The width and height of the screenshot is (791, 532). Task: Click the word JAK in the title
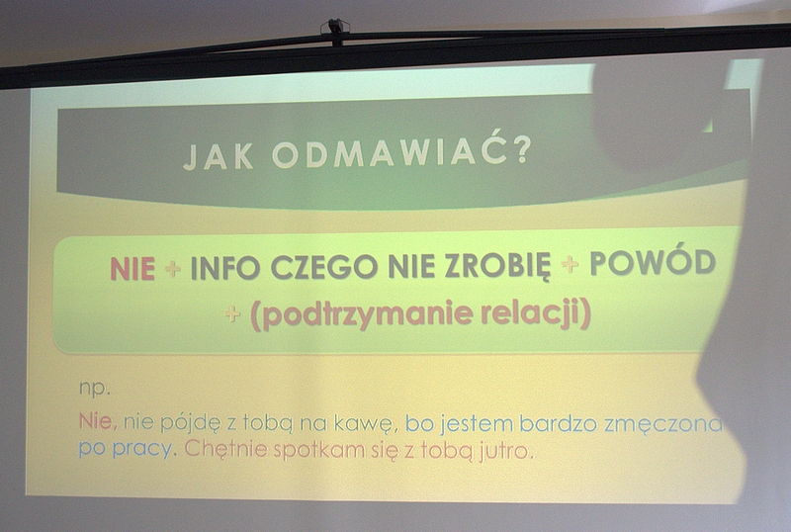click(x=218, y=155)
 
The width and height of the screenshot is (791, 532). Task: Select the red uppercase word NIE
click(x=132, y=269)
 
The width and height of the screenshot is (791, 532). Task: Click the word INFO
click(x=225, y=268)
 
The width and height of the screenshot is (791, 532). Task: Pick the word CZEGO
click(x=324, y=267)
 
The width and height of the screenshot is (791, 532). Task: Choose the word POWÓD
click(x=653, y=262)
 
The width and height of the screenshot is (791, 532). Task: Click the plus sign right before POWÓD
click(x=571, y=264)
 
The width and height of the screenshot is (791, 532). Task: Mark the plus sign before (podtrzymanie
click(x=232, y=314)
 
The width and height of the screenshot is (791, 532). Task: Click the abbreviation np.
click(x=94, y=390)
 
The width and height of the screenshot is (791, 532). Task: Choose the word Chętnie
click(x=225, y=449)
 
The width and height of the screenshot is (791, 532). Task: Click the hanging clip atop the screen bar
click(x=336, y=29)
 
